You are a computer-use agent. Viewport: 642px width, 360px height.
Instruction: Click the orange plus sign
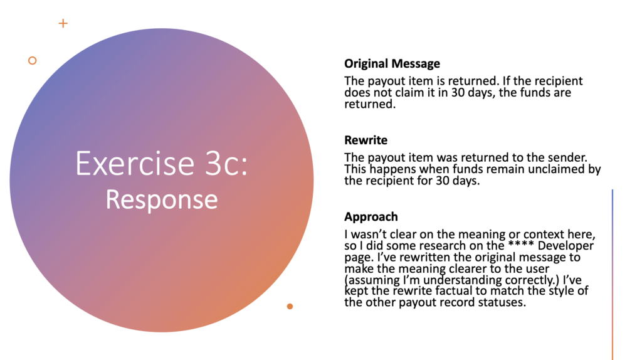[x=63, y=23]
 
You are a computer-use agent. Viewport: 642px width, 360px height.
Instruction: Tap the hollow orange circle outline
[x=33, y=61]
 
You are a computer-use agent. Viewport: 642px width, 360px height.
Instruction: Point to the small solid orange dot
[x=290, y=306]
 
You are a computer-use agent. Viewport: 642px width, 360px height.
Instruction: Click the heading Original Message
[x=392, y=63]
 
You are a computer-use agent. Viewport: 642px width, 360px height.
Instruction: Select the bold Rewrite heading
[x=366, y=140]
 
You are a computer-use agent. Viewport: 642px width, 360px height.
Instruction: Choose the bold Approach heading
[x=371, y=216]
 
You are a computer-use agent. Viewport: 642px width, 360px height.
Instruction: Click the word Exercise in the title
[x=135, y=163]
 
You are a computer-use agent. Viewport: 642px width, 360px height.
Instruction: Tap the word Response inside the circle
[x=162, y=199]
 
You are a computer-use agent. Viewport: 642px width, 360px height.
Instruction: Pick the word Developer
[x=566, y=246]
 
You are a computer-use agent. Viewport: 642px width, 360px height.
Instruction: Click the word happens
[x=393, y=169]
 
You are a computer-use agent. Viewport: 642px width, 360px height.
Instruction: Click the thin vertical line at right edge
[x=613, y=275]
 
